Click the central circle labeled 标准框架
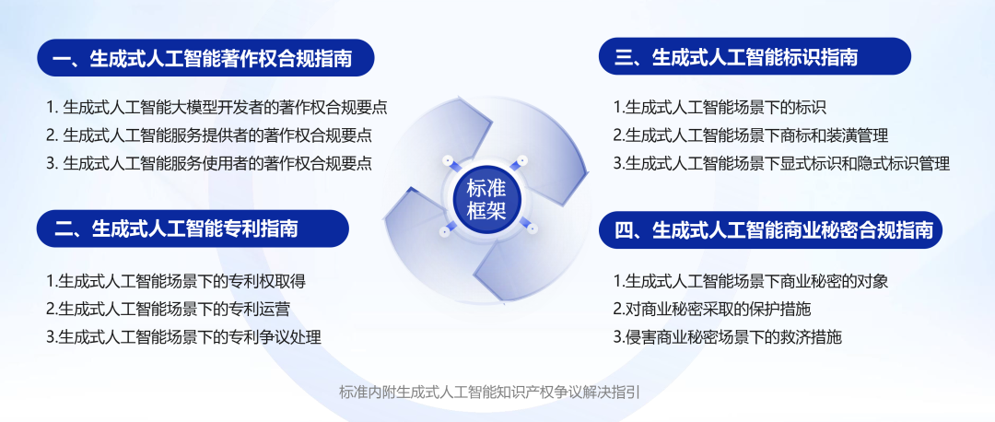pyautogui.click(x=486, y=199)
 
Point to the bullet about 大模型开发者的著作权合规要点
pyautogui.click(x=217, y=107)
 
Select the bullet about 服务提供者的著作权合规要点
pyautogui.click(x=209, y=135)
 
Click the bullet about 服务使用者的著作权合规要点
pyautogui.click(x=209, y=163)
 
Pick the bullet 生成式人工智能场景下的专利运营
pyautogui.click(x=169, y=309)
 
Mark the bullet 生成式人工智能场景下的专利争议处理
pyautogui.click(x=183, y=336)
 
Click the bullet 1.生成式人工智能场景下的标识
pyautogui.click(x=720, y=107)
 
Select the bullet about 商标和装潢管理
pyautogui.click(x=751, y=135)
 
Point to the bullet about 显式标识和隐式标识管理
pyautogui.click(x=782, y=163)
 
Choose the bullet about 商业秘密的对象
pyautogui.click(x=751, y=280)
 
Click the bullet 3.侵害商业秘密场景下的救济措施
pyautogui.click(x=727, y=336)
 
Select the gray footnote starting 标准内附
pyautogui.click(x=489, y=392)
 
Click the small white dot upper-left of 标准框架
pyautogui.click(x=448, y=160)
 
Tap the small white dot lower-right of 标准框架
pyautogui.click(x=532, y=229)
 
